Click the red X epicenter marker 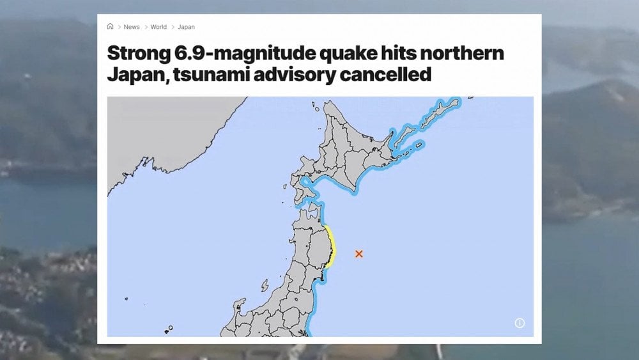tap(359, 254)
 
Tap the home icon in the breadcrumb tap(111, 27)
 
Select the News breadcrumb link tap(132, 27)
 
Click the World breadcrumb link tap(158, 27)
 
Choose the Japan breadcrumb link tap(186, 27)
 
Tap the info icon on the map tap(520, 324)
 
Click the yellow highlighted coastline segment tap(330, 246)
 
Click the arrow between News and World tap(146, 27)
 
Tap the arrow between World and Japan tap(173, 27)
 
